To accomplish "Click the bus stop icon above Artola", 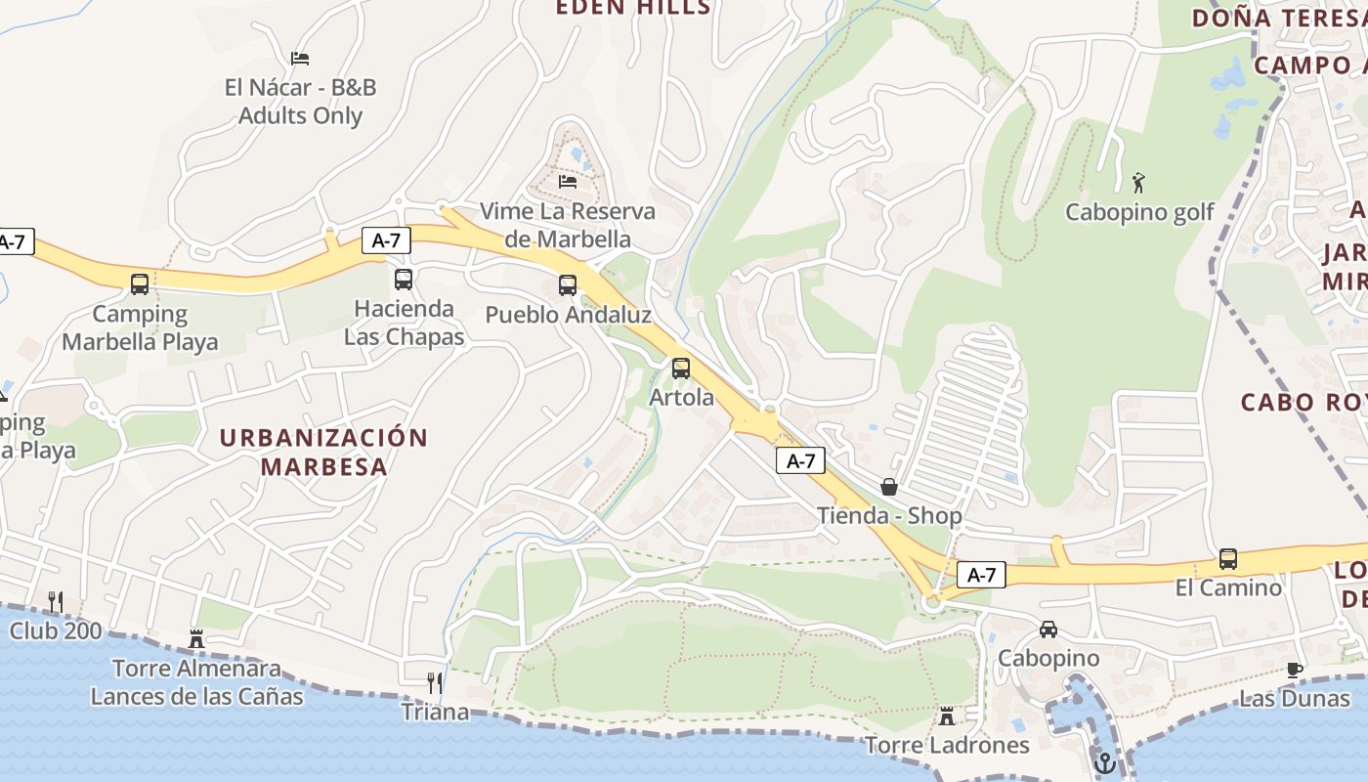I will (681, 369).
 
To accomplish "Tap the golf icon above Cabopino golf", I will (1137, 183).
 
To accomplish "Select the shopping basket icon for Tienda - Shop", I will (889, 487).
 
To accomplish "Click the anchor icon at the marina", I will (1105, 763).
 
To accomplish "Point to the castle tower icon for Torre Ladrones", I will (946, 717).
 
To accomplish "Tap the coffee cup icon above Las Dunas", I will (1295, 670).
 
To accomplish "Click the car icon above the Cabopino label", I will (1048, 630).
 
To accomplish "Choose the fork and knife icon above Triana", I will (435, 682).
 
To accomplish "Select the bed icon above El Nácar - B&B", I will (300, 59).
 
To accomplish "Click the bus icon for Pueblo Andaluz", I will (568, 285).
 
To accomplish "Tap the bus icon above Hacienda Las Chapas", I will (404, 280).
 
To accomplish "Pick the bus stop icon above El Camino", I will (1228, 559).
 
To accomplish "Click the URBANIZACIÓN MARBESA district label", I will (323, 452).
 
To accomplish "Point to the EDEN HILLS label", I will (633, 8).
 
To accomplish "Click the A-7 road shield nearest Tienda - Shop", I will (801, 461).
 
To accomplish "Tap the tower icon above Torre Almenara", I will (196, 639).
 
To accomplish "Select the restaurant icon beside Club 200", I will (56, 602).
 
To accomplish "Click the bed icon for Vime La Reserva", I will (568, 182).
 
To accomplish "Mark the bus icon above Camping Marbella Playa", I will (140, 284).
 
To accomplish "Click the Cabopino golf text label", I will (1139, 212).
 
